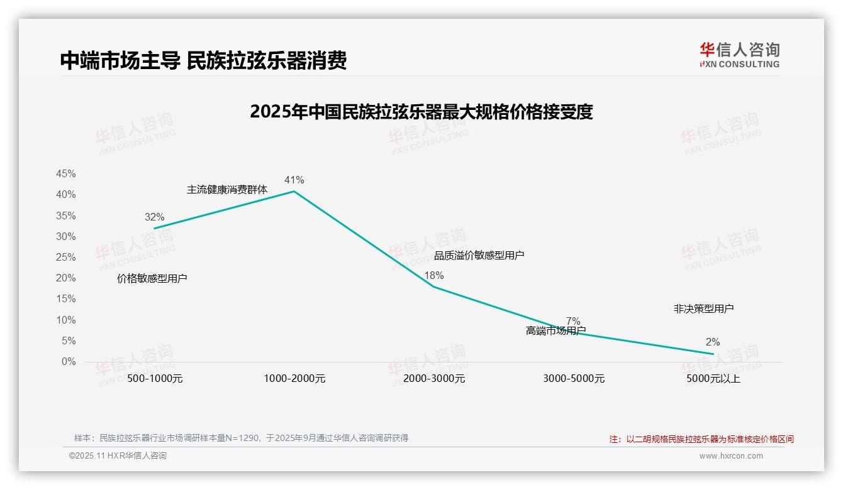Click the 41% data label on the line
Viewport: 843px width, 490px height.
294,180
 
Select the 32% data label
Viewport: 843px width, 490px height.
154,217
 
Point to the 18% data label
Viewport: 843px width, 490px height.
433,275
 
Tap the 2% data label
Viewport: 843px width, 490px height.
712,342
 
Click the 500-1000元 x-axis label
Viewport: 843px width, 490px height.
155,379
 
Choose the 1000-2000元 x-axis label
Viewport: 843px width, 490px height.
294,379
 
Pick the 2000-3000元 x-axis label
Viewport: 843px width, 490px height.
434,379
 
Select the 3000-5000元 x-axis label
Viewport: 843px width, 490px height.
574,379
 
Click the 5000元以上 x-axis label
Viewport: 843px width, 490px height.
713,379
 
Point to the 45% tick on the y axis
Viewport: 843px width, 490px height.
66,174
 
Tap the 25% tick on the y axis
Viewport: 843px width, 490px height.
66,258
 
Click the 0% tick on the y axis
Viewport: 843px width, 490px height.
69,362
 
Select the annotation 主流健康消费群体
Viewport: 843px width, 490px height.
227,189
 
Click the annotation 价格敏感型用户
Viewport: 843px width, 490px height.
152,278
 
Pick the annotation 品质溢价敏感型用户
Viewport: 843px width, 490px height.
479,255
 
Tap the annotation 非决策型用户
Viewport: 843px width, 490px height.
703,308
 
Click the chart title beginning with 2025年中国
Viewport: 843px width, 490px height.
421,112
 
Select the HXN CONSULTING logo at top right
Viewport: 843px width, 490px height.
739,55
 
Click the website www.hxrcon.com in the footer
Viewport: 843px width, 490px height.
731,456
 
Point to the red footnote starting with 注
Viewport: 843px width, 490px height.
701,439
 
